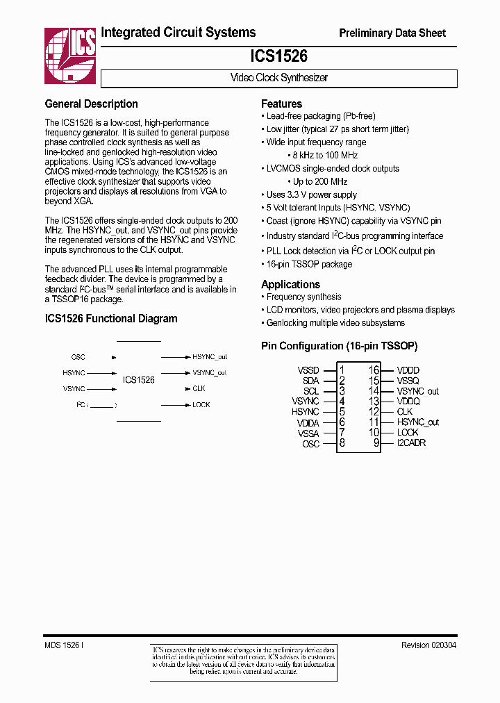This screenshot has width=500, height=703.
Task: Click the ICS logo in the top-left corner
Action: coord(70,52)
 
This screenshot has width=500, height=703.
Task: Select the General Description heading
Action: coord(91,104)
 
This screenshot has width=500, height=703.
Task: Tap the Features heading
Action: coord(281,104)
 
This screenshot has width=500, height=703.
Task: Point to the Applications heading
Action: coord(290,284)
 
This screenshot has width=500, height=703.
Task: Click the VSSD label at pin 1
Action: coord(308,371)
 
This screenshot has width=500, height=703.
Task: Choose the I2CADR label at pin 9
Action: coord(411,443)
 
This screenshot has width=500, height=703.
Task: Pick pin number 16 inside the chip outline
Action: coord(374,371)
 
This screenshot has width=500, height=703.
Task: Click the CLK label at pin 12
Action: coord(405,412)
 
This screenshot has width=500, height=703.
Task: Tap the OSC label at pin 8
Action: coord(310,443)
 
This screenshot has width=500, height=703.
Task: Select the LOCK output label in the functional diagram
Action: coord(201,405)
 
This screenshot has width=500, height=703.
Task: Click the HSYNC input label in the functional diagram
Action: coord(74,373)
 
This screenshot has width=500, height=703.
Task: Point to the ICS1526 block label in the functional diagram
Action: coord(139,380)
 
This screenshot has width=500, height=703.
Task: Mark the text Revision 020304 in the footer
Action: coord(428,645)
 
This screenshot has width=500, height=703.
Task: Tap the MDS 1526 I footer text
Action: coord(65,645)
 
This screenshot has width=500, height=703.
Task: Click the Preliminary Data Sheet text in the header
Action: coord(392,33)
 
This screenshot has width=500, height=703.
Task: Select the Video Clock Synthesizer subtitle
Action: coord(278,78)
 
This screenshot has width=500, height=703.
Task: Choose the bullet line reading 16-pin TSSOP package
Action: coord(309,265)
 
